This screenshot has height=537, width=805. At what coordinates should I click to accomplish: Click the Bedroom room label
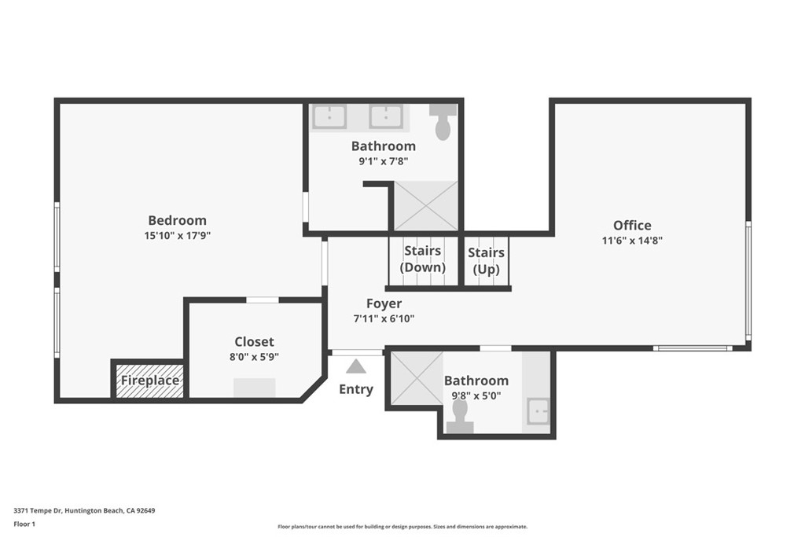[177, 220]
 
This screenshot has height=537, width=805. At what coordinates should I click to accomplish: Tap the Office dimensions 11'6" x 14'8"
[632, 241]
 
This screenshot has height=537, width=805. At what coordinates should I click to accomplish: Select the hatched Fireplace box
[149, 381]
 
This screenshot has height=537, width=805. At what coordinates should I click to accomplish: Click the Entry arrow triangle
[355, 366]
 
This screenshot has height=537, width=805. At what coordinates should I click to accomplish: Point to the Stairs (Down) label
[422, 259]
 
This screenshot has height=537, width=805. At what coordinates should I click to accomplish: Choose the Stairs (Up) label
[486, 260]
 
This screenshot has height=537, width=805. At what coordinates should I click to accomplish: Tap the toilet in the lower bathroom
[460, 417]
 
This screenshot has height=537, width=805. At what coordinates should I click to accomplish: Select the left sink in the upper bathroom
[329, 116]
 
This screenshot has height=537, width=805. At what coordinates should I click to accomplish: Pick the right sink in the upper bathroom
[386, 116]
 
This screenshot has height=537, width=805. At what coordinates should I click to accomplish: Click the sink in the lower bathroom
[538, 411]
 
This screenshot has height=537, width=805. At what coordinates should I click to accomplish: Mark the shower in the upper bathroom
[425, 206]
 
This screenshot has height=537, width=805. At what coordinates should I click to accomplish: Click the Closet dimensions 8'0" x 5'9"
[254, 356]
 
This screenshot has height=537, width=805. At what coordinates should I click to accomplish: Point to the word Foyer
[384, 303]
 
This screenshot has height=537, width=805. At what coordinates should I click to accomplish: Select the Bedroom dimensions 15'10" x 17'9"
[177, 235]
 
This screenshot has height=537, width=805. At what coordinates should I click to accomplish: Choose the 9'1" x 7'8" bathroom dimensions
[383, 161]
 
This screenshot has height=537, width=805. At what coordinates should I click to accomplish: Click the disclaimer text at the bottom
[402, 527]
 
